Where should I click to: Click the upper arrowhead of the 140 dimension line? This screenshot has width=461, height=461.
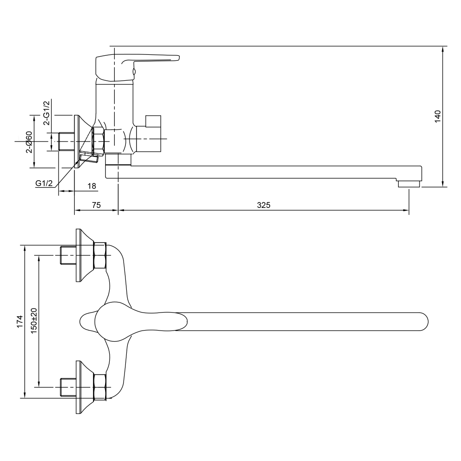443,49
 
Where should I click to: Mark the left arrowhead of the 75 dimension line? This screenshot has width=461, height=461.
77,210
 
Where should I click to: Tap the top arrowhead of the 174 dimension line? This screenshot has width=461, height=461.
25,248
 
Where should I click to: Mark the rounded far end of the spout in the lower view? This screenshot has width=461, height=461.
423,322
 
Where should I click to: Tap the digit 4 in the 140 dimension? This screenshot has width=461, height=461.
437,117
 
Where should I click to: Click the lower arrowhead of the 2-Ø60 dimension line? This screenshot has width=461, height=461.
35,165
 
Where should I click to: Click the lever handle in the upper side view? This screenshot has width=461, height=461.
137,67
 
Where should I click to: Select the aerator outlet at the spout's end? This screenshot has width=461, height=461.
408,184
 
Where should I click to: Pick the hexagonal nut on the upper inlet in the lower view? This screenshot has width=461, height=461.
100,255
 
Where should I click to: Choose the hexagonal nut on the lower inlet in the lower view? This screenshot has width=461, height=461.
100,387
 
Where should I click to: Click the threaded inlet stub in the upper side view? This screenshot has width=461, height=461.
67,142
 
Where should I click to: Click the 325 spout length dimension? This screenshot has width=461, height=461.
263,205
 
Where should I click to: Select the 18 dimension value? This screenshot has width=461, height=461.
92,186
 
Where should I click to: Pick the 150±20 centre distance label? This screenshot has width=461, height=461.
34,321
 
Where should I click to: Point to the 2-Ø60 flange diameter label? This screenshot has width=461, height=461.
29,142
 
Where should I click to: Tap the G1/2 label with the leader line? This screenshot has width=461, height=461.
44,183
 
